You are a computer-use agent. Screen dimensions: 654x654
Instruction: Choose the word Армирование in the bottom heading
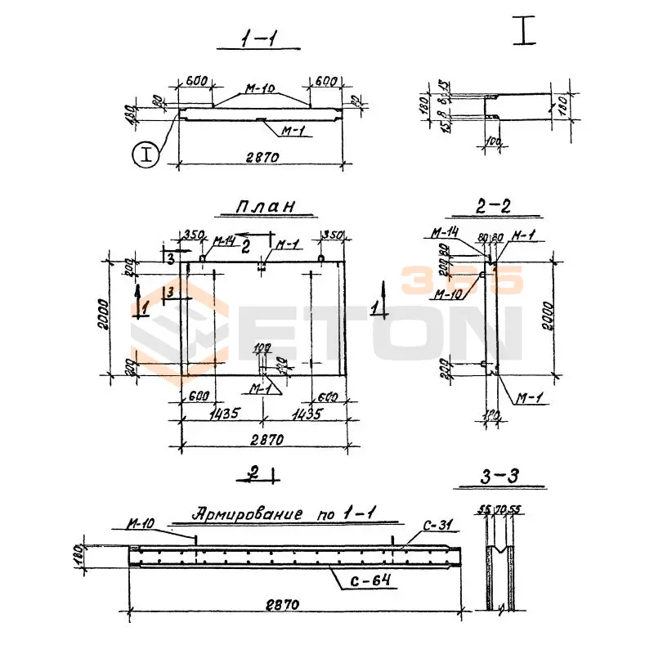click(x=239, y=514)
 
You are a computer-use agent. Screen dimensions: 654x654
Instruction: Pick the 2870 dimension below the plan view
click(x=264, y=440)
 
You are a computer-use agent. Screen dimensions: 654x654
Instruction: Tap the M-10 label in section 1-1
click(x=260, y=87)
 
